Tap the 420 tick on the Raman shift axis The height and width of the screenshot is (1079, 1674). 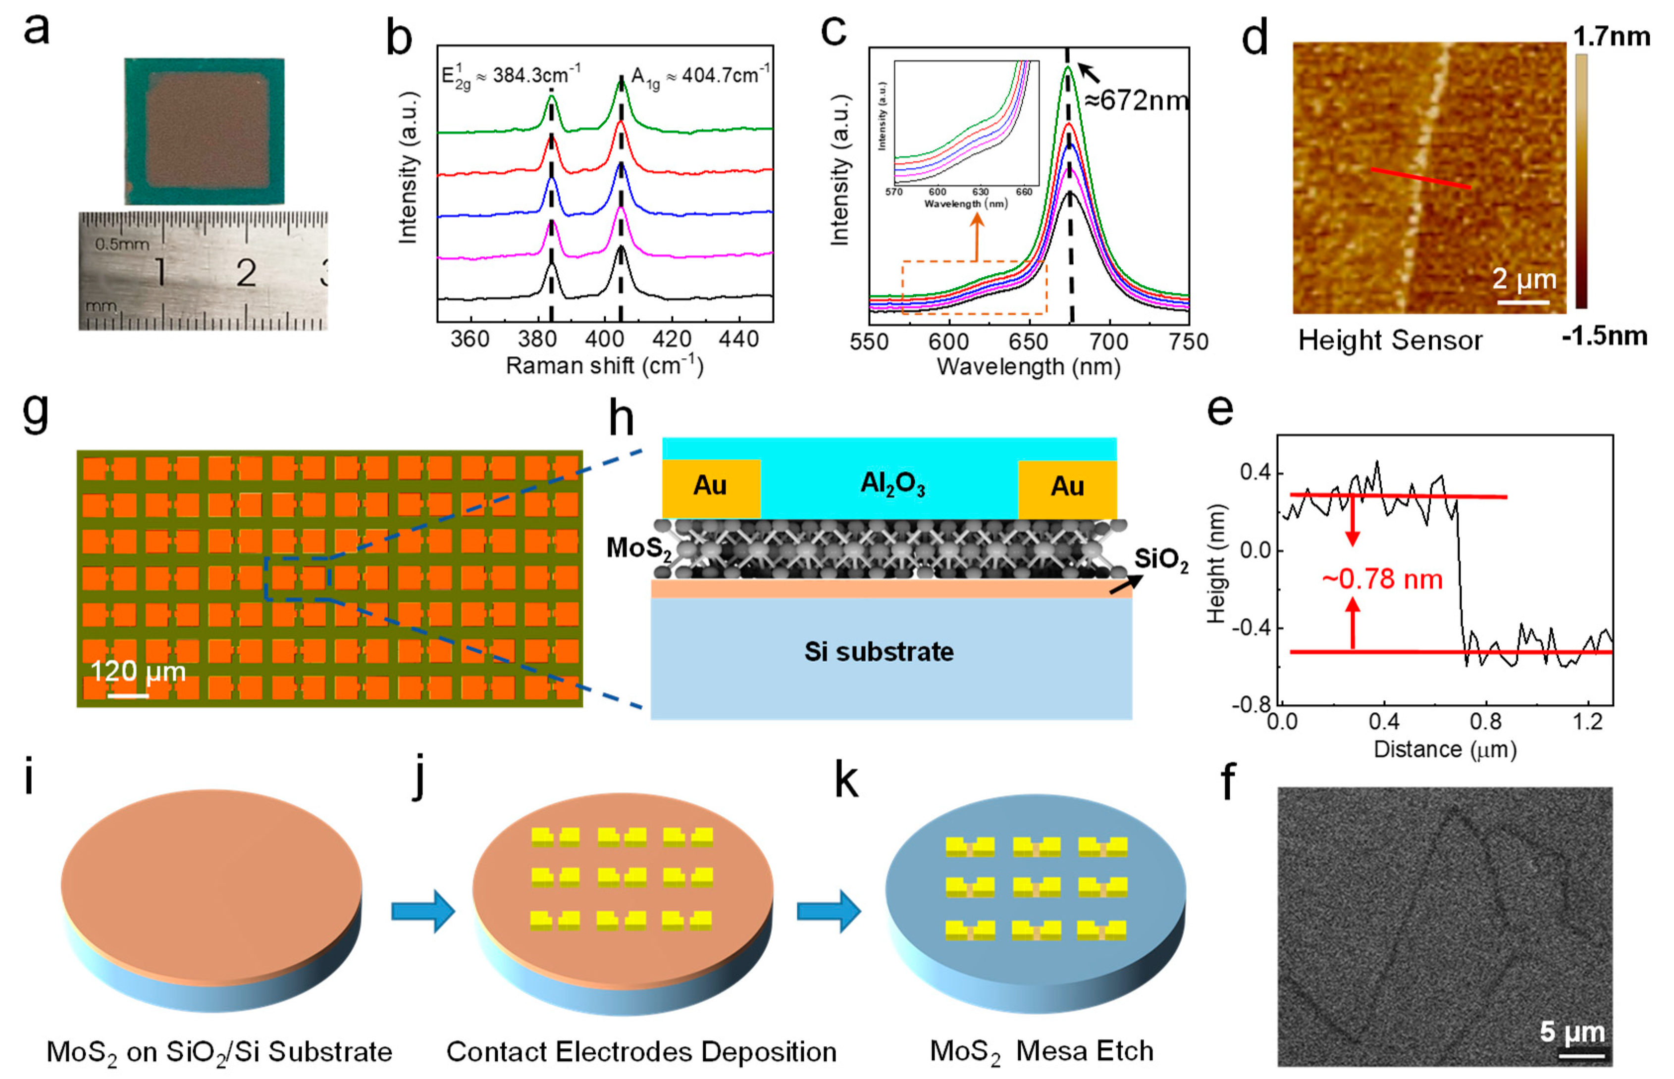coord(672,339)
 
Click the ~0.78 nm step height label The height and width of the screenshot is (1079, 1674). coord(1382,580)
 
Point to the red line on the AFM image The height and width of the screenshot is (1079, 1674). coord(1420,178)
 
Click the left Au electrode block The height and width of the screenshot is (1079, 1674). coord(711,486)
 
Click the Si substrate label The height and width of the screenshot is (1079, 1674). coord(879,651)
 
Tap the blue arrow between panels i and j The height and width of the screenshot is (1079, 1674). coord(422,911)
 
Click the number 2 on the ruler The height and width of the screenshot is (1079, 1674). coord(246,273)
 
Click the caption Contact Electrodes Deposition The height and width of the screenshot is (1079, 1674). coord(641,1052)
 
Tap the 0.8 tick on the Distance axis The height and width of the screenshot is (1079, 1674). coord(1485,721)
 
